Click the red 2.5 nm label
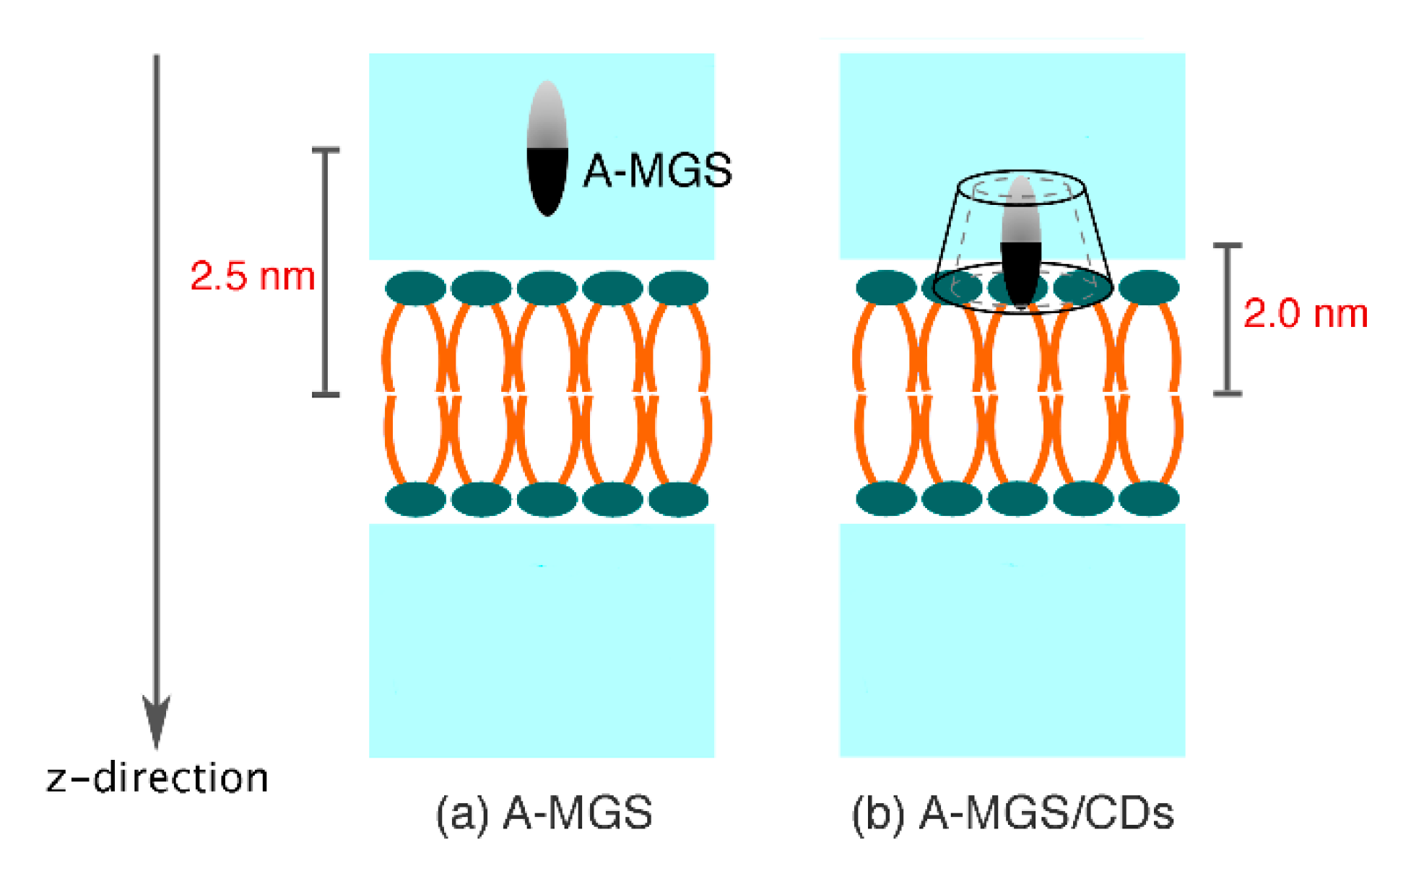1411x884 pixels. click(253, 276)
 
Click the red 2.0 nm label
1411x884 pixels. click(1305, 314)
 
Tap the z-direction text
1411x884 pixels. click(157, 778)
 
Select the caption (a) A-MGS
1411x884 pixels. click(544, 813)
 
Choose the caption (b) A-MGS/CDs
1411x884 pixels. click(1012, 813)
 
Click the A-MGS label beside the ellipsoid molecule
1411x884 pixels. click(657, 171)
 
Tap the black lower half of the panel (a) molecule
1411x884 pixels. click(547, 180)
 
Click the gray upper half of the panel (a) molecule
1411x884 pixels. click(547, 115)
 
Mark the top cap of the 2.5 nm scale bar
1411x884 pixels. click(325, 150)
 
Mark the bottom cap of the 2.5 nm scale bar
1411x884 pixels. click(325, 395)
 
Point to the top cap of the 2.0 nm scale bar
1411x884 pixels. click(1227, 246)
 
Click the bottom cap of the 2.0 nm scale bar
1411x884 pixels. click(1227, 393)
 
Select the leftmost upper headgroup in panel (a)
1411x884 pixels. click(415, 289)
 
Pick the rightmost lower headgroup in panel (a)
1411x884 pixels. click(678, 499)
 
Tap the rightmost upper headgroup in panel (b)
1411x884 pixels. click(1148, 288)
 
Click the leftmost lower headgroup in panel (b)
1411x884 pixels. click(886, 499)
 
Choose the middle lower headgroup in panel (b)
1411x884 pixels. click(1017, 499)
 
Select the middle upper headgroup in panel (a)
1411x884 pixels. click(547, 289)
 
